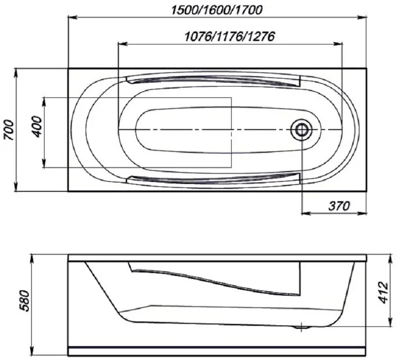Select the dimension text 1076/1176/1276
(229, 36)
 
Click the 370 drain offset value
(340, 205)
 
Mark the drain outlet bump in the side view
(301, 326)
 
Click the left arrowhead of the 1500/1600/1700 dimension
(71, 18)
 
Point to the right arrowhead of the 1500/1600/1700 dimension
(363, 18)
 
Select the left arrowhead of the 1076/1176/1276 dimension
(121, 45)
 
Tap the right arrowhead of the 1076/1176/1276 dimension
(339, 45)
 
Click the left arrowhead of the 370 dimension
(305, 214)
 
